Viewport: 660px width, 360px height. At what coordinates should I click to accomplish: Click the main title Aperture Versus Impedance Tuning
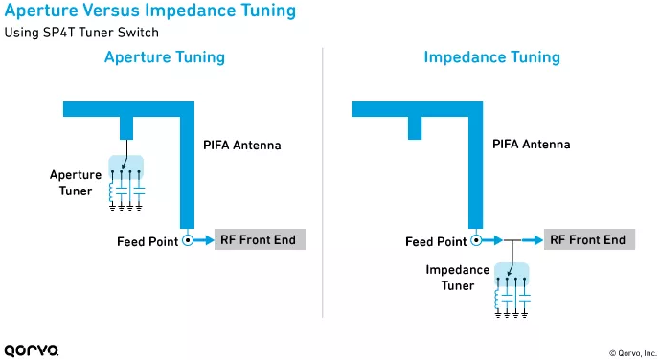[x=150, y=11]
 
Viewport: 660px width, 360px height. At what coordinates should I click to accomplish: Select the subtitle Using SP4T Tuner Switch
[x=81, y=33]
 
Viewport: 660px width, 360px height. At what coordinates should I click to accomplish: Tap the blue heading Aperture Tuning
[x=165, y=57]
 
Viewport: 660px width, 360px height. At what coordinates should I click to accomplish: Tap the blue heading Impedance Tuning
[x=491, y=57]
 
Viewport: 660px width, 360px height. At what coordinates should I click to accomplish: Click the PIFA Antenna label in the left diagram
[x=242, y=146]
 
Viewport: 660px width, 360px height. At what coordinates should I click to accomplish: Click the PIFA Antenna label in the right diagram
[x=532, y=145]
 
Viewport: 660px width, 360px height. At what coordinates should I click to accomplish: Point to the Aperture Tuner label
[x=76, y=183]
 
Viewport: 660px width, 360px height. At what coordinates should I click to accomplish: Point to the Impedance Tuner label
[x=458, y=278]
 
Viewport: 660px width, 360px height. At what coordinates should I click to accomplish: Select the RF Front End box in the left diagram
[x=260, y=239]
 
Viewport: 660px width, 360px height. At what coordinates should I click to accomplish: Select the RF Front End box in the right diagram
[x=589, y=239]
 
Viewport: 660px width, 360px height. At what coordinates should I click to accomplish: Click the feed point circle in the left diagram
[x=188, y=240]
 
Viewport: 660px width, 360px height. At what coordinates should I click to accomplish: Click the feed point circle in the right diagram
[x=476, y=240]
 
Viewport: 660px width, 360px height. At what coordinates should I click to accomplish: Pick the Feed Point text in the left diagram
[x=148, y=242]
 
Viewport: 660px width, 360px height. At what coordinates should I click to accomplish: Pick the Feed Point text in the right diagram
[x=436, y=242]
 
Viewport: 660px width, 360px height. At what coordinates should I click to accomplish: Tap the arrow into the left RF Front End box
[x=204, y=240]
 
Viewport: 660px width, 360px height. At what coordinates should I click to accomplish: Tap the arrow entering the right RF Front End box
[x=533, y=240]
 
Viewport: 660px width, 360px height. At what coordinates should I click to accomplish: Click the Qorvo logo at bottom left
[x=32, y=350]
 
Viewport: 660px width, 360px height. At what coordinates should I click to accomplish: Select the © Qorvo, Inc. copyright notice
[x=632, y=353]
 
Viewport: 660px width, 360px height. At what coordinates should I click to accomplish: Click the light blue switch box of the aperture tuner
[x=125, y=167]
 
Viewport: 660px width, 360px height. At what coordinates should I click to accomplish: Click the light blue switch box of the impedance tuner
[x=512, y=274]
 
